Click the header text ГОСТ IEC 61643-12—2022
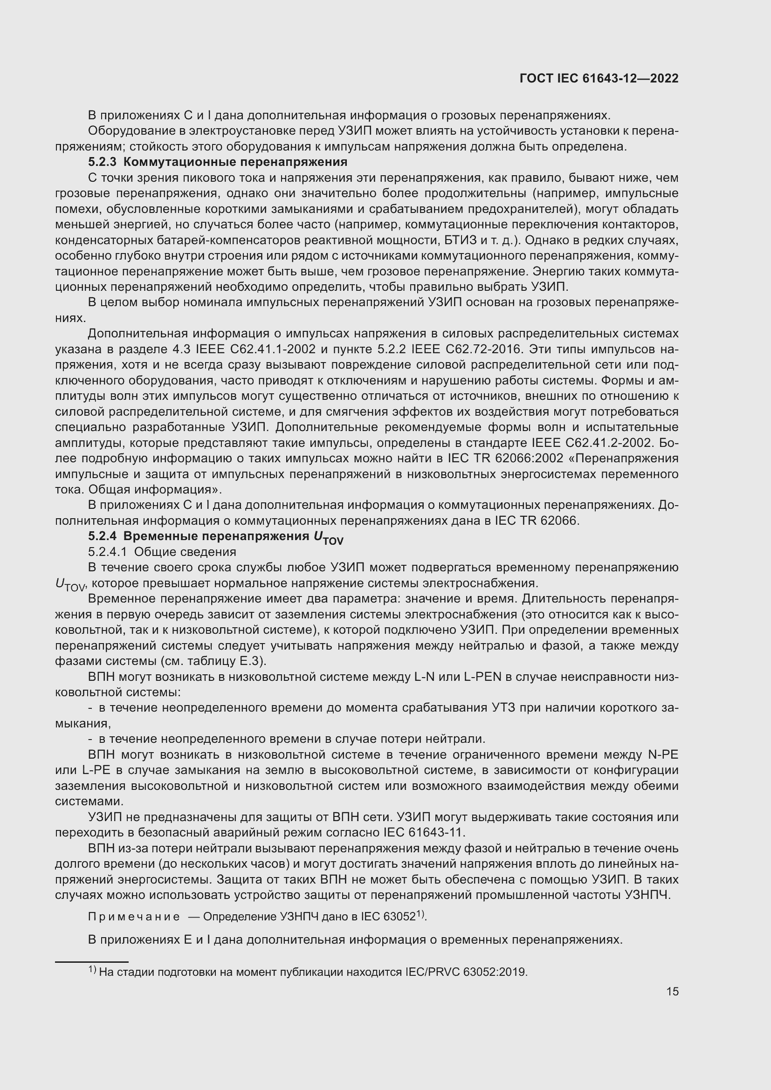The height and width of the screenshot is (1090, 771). tap(599, 78)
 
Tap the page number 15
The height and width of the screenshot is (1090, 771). tap(672, 991)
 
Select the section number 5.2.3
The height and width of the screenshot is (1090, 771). tap(102, 162)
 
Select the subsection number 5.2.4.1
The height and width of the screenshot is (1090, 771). tap(107, 552)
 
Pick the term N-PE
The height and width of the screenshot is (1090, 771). tap(663, 754)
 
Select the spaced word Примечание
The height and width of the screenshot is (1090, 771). tap(134, 916)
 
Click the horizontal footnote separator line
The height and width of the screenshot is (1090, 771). tap(92, 962)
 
